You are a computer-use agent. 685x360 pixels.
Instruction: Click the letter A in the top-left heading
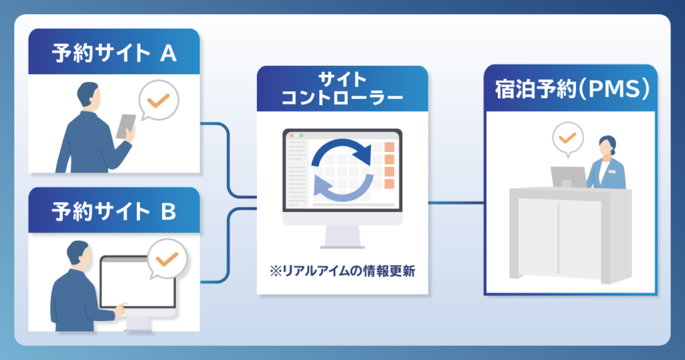169,54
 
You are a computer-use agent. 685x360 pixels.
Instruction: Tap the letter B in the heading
169,211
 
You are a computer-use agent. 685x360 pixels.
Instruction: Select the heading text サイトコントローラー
342,89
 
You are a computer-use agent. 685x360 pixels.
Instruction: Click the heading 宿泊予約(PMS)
572,89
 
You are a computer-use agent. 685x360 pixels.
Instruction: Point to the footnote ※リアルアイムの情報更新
342,271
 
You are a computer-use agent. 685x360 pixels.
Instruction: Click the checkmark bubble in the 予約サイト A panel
159,101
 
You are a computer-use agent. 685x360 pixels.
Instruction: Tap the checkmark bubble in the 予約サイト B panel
167,259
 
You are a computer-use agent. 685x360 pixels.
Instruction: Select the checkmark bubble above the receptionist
567,139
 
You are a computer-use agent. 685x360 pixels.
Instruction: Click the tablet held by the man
126,126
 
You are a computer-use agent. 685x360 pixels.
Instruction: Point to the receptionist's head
607,145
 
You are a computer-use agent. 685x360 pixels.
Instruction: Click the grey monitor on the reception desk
568,177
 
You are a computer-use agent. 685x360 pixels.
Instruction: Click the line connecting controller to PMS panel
456,203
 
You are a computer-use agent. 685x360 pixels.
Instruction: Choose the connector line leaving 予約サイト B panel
229,245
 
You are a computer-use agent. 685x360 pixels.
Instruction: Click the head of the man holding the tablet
89,94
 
